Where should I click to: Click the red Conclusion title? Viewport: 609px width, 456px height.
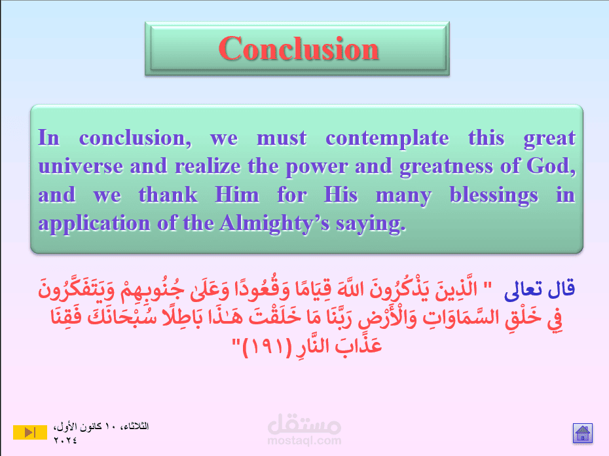tap(299, 48)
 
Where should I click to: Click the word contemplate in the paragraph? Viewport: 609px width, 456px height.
tap(387, 139)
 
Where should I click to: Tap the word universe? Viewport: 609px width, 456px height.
tap(81, 166)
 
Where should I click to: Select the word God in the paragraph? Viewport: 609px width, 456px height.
tap(549, 166)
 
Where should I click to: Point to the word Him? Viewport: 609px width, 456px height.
tap(237, 195)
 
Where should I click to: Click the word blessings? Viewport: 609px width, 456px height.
tap(494, 196)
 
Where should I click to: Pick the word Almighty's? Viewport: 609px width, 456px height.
tap(274, 224)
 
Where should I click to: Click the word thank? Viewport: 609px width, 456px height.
tap(168, 195)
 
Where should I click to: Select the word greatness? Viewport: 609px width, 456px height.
tap(446, 167)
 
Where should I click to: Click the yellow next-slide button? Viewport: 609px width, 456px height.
tap(30, 432)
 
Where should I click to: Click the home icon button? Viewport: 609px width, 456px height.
tap(583, 433)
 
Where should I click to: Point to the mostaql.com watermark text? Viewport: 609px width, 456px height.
tap(304, 441)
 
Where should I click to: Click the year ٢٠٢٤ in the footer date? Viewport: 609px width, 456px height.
tap(65, 440)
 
